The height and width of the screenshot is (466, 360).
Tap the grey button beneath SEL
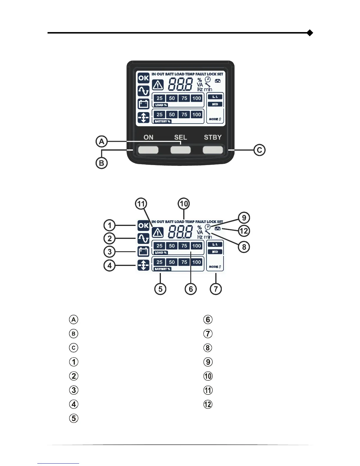pyautogui.click(x=181, y=150)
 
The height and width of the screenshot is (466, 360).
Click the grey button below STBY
pyautogui.click(x=213, y=150)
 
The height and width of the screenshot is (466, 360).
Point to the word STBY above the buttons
pyautogui.click(x=213, y=137)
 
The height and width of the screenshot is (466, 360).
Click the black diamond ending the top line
pyautogui.click(x=309, y=33)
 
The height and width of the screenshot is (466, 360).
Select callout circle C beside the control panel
pyautogui.click(x=259, y=150)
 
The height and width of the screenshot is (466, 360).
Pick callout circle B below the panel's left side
pyautogui.click(x=101, y=163)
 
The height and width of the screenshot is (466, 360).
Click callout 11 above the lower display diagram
pyautogui.click(x=141, y=204)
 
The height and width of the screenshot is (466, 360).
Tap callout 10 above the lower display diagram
pyautogui.click(x=184, y=204)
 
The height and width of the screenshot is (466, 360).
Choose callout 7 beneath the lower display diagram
pyautogui.click(x=216, y=289)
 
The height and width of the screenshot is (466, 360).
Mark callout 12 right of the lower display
pyautogui.click(x=244, y=231)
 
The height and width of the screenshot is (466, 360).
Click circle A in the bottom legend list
pyautogui.click(x=74, y=319)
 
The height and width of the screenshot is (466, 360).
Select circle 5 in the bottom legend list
pyautogui.click(x=74, y=418)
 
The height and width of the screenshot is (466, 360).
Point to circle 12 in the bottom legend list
pyautogui.click(x=208, y=404)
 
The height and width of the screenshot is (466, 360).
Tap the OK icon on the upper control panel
pyautogui.click(x=144, y=78)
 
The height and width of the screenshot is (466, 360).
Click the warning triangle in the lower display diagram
pyautogui.click(x=158, y=233)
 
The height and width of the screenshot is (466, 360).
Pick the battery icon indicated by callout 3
pyautogui.click(x=144, y=252)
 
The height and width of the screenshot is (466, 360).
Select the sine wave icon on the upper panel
pyautogui.click(x=144, y=91)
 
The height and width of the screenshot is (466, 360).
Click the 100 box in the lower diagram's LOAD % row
pyautogui.click(x=196, y=246)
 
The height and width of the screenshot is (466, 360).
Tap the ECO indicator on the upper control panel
pyautogui.click(x=215, y=104)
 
